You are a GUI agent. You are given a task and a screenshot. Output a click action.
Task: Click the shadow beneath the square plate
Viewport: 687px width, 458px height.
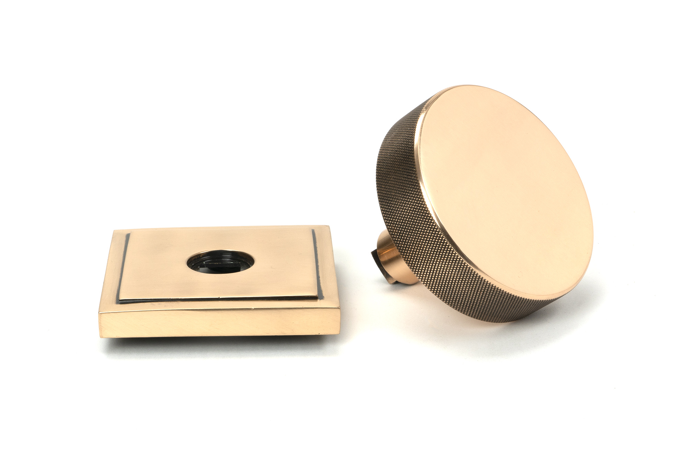pos(220,338)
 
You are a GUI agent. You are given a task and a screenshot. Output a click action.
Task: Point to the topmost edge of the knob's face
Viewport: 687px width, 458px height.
pos(481,86)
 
